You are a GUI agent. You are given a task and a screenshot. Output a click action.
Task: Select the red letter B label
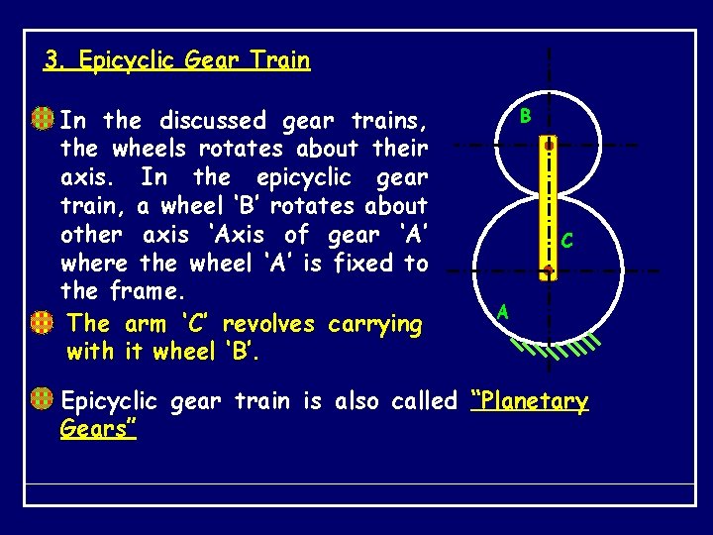525,116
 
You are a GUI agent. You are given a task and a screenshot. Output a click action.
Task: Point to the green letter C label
566,241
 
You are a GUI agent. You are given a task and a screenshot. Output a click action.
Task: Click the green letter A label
503,312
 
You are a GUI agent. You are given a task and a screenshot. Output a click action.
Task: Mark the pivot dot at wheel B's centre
548,145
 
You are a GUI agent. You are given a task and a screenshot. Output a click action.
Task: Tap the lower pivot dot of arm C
548,267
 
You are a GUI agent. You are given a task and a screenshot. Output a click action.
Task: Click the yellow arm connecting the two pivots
548,206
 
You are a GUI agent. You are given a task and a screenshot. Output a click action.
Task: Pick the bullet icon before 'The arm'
42,323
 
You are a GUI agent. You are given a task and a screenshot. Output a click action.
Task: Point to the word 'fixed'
362,264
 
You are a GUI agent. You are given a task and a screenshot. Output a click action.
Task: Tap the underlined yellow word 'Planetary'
531,401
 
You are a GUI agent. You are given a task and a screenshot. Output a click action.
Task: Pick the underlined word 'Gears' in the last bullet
97,429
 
